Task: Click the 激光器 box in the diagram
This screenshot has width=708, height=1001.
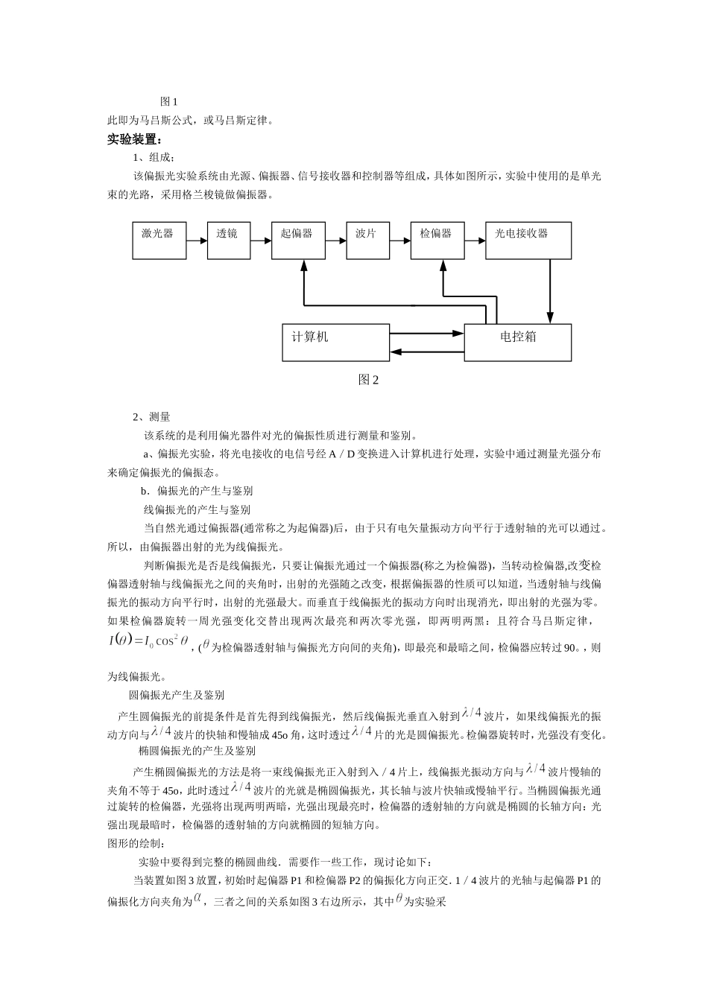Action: pyautogui.click(x=159, y=240)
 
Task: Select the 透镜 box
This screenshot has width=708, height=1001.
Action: pyautogui.click(x=229, y=240)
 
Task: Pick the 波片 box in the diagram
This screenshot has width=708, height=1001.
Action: pyautogui.click(x=368, y=240)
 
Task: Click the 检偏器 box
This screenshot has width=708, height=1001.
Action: pyautogui.click(x=437, y=240)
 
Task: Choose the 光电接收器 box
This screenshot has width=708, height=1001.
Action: pyautogui.click(x=528, y=240)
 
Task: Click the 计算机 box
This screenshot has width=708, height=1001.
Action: pyautogui.click(x=335, y=343)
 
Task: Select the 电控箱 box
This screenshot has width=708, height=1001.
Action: pyautogui.click(x=518, y=343)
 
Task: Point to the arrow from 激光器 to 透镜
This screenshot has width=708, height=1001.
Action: pyautogui.click(x=197, y=241)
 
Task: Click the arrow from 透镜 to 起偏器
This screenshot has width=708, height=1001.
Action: pyautogui.click(x=261, y=241)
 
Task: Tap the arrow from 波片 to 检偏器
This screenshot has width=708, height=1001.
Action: pyautogui.click(x=400, y=241)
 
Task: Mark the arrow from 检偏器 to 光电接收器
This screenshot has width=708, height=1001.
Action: pyautogui.click(x=475, y=241)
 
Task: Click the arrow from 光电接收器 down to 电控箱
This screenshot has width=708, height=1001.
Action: pyautogui.click(x=551, y=290)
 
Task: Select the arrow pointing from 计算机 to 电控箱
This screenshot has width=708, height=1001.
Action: pyautogui.click(x=427, y=334)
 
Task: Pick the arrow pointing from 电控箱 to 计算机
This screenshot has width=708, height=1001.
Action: pyautogui.click(x=427, y=352)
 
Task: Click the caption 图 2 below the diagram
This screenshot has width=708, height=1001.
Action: pyautogui.click(x=368, y=380)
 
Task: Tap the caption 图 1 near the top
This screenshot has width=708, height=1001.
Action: pyautogui.click(x=169, y=101)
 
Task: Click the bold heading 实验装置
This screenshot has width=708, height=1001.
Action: pyautogui.click(x=134, y=139)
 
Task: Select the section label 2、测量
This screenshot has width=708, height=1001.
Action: pyautogui.click(x=151, y=417)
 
